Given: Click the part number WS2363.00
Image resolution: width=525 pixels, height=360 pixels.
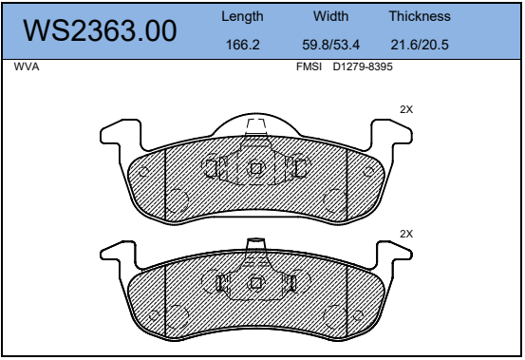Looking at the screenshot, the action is click(x=100, y=30).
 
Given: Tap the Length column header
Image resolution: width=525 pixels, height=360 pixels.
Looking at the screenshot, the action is click(x=242, y=16).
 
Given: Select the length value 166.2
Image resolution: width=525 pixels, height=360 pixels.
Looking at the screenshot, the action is click(x=243, y=45).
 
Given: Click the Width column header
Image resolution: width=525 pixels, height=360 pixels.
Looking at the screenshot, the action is click(x=330, y=16).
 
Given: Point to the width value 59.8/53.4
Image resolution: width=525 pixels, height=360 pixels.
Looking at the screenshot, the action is click(x=330, y=45).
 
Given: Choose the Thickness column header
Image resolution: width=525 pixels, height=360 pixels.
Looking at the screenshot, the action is click(x=420, y=16).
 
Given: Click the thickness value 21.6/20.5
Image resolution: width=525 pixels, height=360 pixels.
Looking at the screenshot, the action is click(x=420, y=45).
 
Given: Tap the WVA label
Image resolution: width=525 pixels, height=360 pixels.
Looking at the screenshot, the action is click(x=27, y=66).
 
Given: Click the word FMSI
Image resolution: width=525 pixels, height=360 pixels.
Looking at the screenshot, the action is click(x=309, y=66).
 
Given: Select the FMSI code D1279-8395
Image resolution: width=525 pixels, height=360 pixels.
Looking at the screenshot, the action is click(x=363, y=66).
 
